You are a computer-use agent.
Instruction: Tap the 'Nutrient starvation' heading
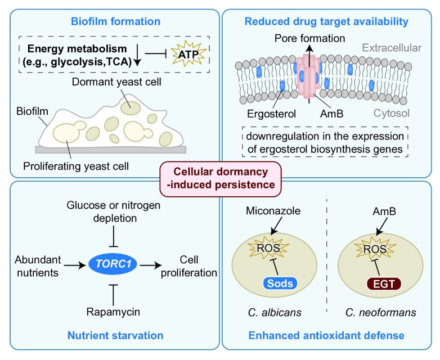pos(115,336)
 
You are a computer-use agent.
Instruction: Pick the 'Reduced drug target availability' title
pos(326,22)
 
